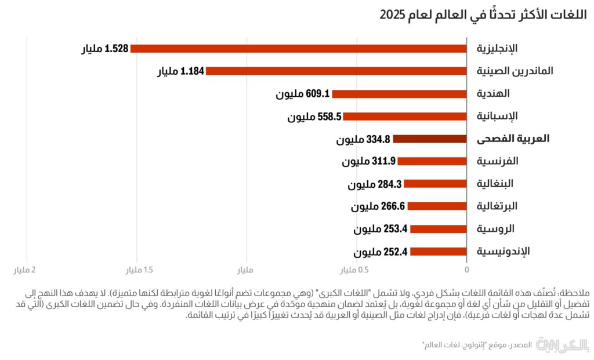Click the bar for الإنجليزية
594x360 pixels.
[x=299, y=48]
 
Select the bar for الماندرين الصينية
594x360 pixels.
[x=336, y=71]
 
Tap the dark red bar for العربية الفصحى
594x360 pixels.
[x=430, y=139]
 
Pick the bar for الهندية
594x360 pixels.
[x=399, y=93]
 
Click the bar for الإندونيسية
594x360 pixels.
[x=439, y=252]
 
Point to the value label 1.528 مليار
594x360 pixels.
[x=104, y=49]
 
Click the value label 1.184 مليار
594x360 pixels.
[x=180, y=71]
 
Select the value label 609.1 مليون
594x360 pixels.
[x=302, y=94]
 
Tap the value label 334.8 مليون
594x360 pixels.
[x=363, y=140]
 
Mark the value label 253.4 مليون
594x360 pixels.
[x=381, y=229]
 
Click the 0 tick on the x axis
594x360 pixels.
[x=466, y=270]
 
